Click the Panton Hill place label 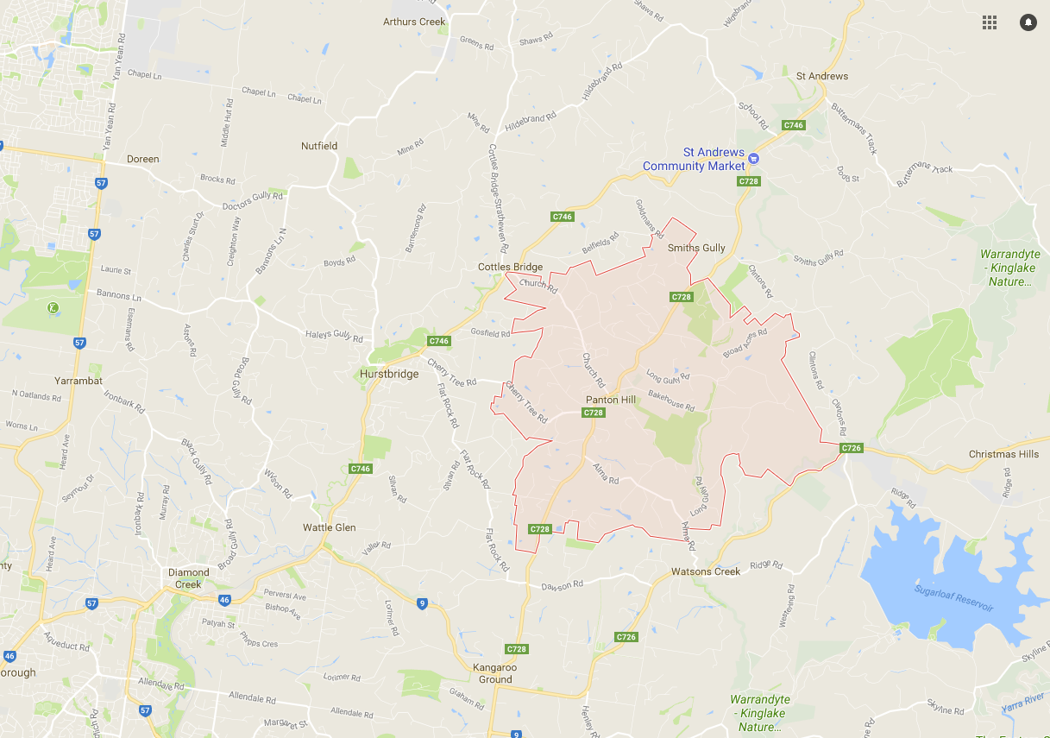[610, 400]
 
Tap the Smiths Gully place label [696, 248]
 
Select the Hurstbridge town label [389, 374]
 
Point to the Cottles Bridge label [510, 267]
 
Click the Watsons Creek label [706, 571]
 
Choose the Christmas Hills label [1003, 454]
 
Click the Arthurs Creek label [413, 22]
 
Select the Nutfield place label [319, 146]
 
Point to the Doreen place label [143, 159]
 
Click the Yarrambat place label [79, 380]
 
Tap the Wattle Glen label [329, 527]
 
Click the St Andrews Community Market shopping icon [753, 158]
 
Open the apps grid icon [990, 22]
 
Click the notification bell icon [1028, 22]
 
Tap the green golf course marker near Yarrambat [53, 306]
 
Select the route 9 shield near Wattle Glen [422, 603]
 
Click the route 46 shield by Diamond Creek [223, 598]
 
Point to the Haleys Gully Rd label [334, 336]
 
